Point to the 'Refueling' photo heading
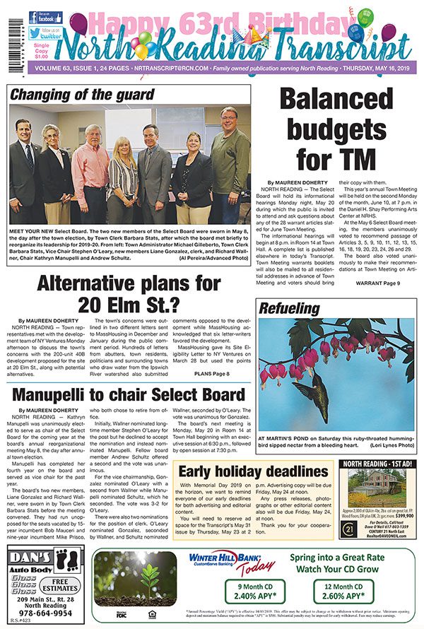[x=290, y=309]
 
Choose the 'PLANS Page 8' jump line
[x=211, y=373]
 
